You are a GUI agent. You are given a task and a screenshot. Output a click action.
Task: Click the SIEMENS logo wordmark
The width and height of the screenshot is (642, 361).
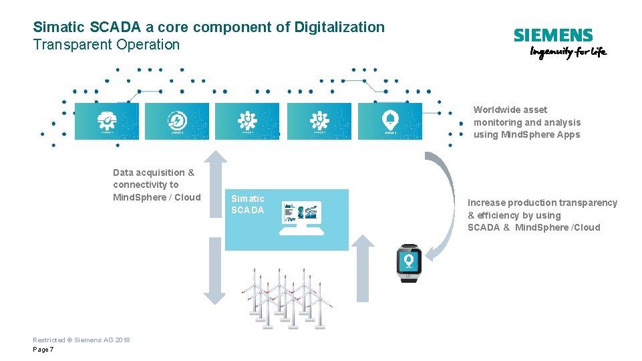click(552, 35)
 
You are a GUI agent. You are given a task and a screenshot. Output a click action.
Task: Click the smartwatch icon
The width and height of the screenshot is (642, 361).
click(408, 262)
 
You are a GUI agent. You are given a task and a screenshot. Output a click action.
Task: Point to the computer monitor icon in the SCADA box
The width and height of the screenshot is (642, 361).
click(302, 217)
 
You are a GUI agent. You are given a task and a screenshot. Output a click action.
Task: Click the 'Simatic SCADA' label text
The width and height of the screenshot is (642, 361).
click(247, 205)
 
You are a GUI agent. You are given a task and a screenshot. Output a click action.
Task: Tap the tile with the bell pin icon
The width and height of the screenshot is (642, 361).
click(389, 121)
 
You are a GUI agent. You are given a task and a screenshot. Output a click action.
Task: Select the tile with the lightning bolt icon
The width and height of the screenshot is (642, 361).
click(177, 121)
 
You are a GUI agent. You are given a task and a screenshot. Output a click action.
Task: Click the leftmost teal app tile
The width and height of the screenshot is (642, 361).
click(106, 121)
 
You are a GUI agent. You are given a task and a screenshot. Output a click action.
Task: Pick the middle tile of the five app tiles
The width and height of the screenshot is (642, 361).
click(247, 121)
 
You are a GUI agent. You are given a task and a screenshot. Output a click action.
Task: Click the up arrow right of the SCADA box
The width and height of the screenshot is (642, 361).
click(362, 267)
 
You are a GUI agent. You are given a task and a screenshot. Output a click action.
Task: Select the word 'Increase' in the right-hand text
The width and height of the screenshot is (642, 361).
click(486, 203)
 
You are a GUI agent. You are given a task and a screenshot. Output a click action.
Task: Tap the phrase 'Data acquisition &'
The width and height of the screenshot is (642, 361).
click(154, 172)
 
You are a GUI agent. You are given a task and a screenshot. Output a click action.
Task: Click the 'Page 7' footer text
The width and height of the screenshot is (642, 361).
click(43, 350)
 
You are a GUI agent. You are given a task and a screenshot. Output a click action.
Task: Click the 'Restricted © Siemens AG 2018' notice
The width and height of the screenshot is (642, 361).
click(82, 340)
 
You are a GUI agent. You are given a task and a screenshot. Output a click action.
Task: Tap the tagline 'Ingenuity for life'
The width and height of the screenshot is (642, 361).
click(568, 53)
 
